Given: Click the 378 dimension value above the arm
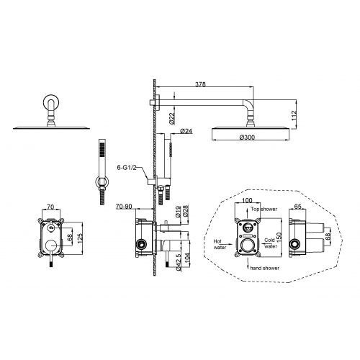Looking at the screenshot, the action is pos(200,84).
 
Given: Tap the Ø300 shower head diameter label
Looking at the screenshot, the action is pos(247,138).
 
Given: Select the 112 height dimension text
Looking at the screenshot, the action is pos(294,116).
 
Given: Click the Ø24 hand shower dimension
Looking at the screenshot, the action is pos(186,131).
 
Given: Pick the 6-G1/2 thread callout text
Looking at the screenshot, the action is pos(127,168).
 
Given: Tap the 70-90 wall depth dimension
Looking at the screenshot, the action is pos(124,207).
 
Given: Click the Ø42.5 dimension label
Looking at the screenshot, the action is pos(178,262).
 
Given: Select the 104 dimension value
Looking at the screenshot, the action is pos(187,258).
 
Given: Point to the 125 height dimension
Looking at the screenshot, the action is pos(80,237).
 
